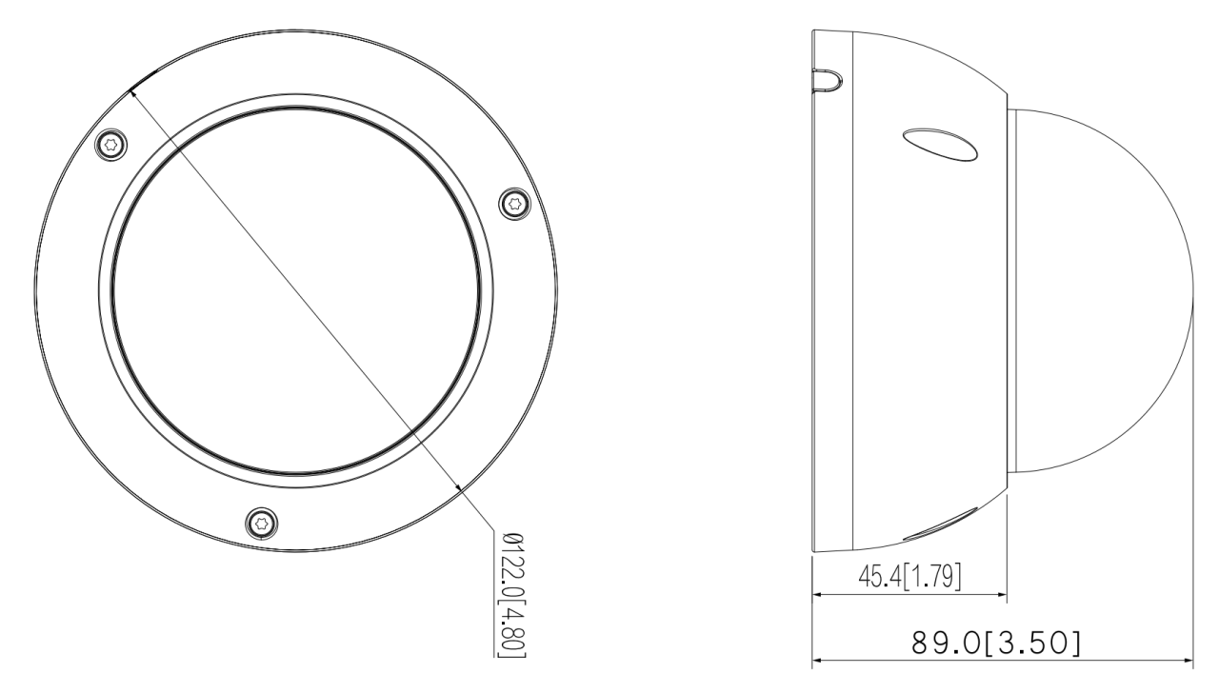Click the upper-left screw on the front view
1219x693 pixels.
pyautogui.click(x=111, y=145)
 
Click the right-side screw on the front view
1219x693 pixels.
pyautogui.click(x=515, y=204)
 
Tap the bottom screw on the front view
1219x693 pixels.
pyautogui.click(x=261, y=524)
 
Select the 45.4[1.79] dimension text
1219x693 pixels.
pyautogui.click(x=909, y=577)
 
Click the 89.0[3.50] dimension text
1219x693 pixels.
pyautogui.click(x=996, y=643)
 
